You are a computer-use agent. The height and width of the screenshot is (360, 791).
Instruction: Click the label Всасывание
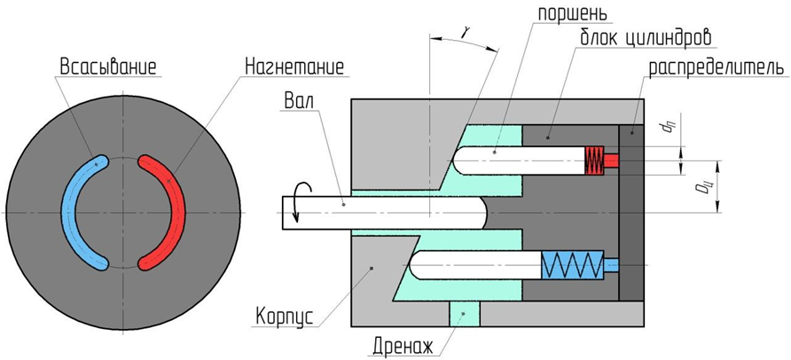(107, 67)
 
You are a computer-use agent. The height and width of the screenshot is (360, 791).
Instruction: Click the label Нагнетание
(294, 67)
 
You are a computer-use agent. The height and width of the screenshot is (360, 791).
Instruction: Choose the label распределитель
(715, 67)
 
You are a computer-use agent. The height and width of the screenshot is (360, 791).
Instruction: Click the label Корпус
(284, 316)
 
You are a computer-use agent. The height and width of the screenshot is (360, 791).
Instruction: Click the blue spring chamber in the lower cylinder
(572, 265)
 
